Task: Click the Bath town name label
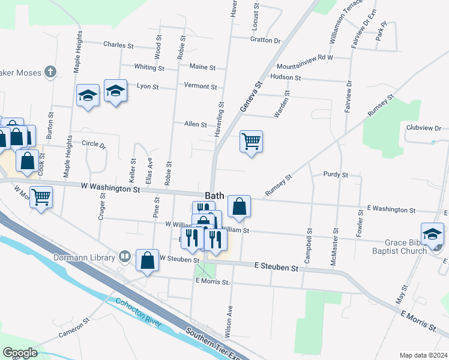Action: click(x=215, y=196)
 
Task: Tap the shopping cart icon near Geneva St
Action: click(x=251, y=142)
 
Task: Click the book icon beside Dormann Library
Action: click(x=125, y=257)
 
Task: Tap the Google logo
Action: click(x=20, y=353)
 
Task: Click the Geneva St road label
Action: click(x=252, y=97)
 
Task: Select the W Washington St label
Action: click(x=110, y=188)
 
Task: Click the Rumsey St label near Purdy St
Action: click(x=279, y=185)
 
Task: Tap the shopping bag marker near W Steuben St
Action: click(x=148, y=260)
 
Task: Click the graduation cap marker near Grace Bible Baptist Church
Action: click(x=432, y=233)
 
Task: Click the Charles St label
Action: click(x=118, y=44)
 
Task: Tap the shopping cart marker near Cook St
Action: click(x=41, y=196)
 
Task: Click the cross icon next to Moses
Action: click(x=50, y=73)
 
